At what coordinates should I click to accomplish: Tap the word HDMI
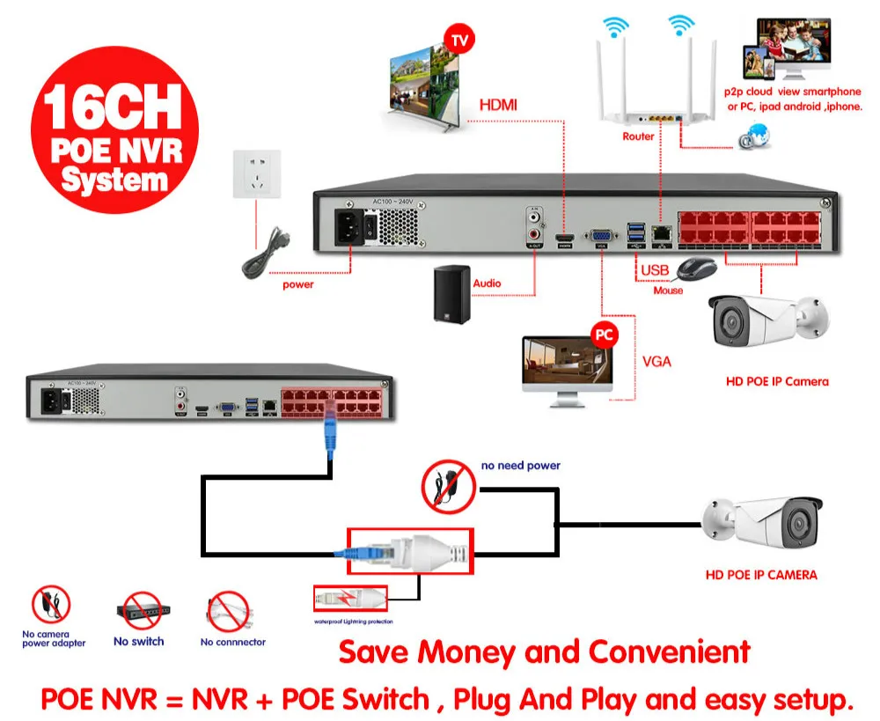(x=498, y=105)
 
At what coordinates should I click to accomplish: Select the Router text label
(x=638, y=136)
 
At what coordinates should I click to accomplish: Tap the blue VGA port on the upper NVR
(x=601, y=236)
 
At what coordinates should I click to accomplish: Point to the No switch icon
(x=138, y=610)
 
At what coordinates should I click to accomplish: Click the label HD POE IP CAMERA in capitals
(x=761, y=575)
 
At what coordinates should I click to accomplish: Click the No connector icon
(x=229, y=610)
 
